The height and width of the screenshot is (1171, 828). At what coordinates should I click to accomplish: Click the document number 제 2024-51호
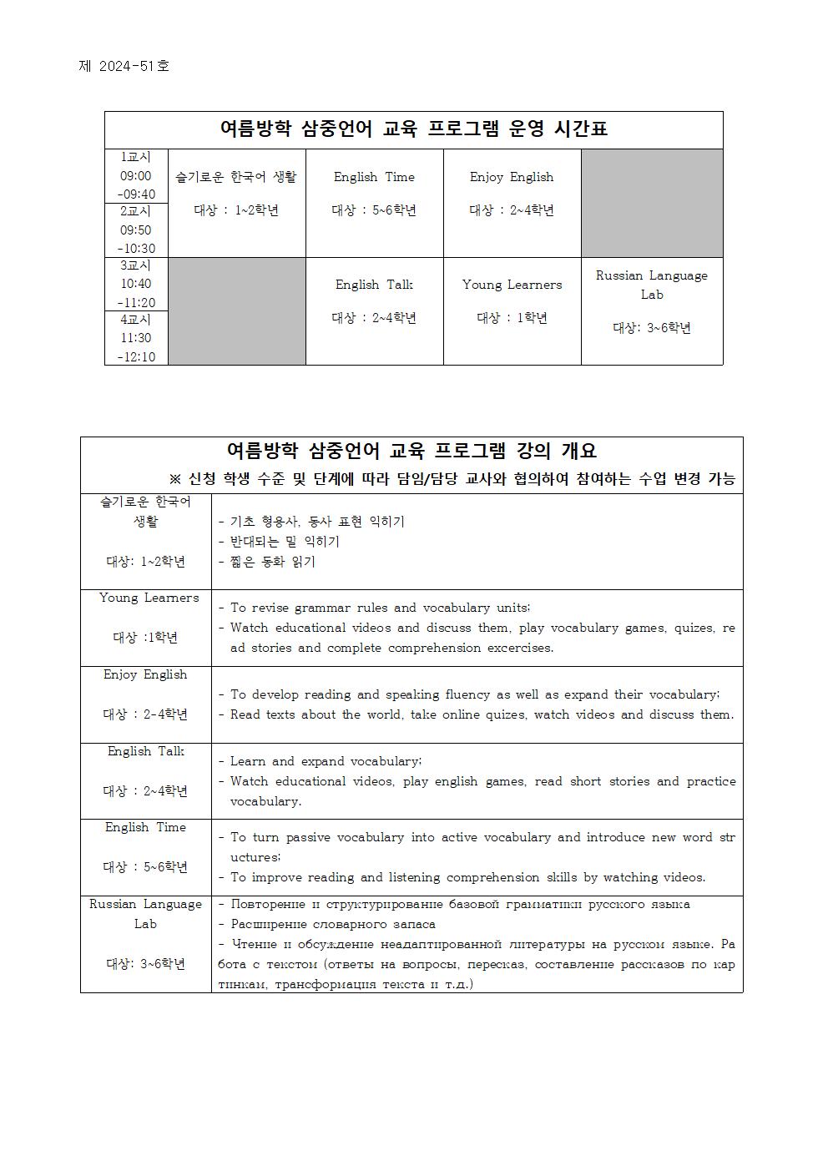click(x=124, y=66)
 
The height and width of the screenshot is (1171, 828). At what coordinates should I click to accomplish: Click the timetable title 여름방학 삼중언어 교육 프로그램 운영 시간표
click(x=413, y=129)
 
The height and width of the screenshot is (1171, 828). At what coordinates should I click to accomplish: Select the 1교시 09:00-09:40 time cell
click(x=136, y=176)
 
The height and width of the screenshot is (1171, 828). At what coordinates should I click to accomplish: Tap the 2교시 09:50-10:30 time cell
click(x=136, y=230)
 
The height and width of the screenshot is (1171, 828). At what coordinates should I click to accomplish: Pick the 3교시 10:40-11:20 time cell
click(x=136, y=285)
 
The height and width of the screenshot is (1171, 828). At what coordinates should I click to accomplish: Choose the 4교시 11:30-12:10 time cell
click(x=136, y=339)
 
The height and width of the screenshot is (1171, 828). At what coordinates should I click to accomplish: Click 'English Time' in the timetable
click(x=374, y=177)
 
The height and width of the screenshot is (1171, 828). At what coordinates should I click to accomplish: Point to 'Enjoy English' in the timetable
click(x=512, y=177)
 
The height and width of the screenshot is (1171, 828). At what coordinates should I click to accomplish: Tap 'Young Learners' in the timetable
click(x=512, y=285)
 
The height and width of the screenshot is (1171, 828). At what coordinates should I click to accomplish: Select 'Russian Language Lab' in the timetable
click(x=652, y=285)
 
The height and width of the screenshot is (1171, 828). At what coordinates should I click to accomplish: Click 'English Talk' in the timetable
click(x=374, y=285)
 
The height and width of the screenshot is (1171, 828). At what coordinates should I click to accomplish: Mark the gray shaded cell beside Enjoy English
click(x=652, y=203)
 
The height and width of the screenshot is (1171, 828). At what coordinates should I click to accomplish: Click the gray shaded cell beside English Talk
click(x=236, y=311)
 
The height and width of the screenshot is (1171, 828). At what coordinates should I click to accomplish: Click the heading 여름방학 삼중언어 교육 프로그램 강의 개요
click(x=411, y=452)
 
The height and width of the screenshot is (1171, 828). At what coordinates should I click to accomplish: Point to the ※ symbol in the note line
click(x=175, y=479)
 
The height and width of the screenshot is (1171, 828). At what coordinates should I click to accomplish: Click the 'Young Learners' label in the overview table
click(x=149, y=598)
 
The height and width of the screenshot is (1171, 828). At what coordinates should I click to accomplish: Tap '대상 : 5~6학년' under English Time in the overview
click(x=145, y=867)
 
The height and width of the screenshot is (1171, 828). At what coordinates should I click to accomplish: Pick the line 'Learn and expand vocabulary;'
click(x=326, y=761)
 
